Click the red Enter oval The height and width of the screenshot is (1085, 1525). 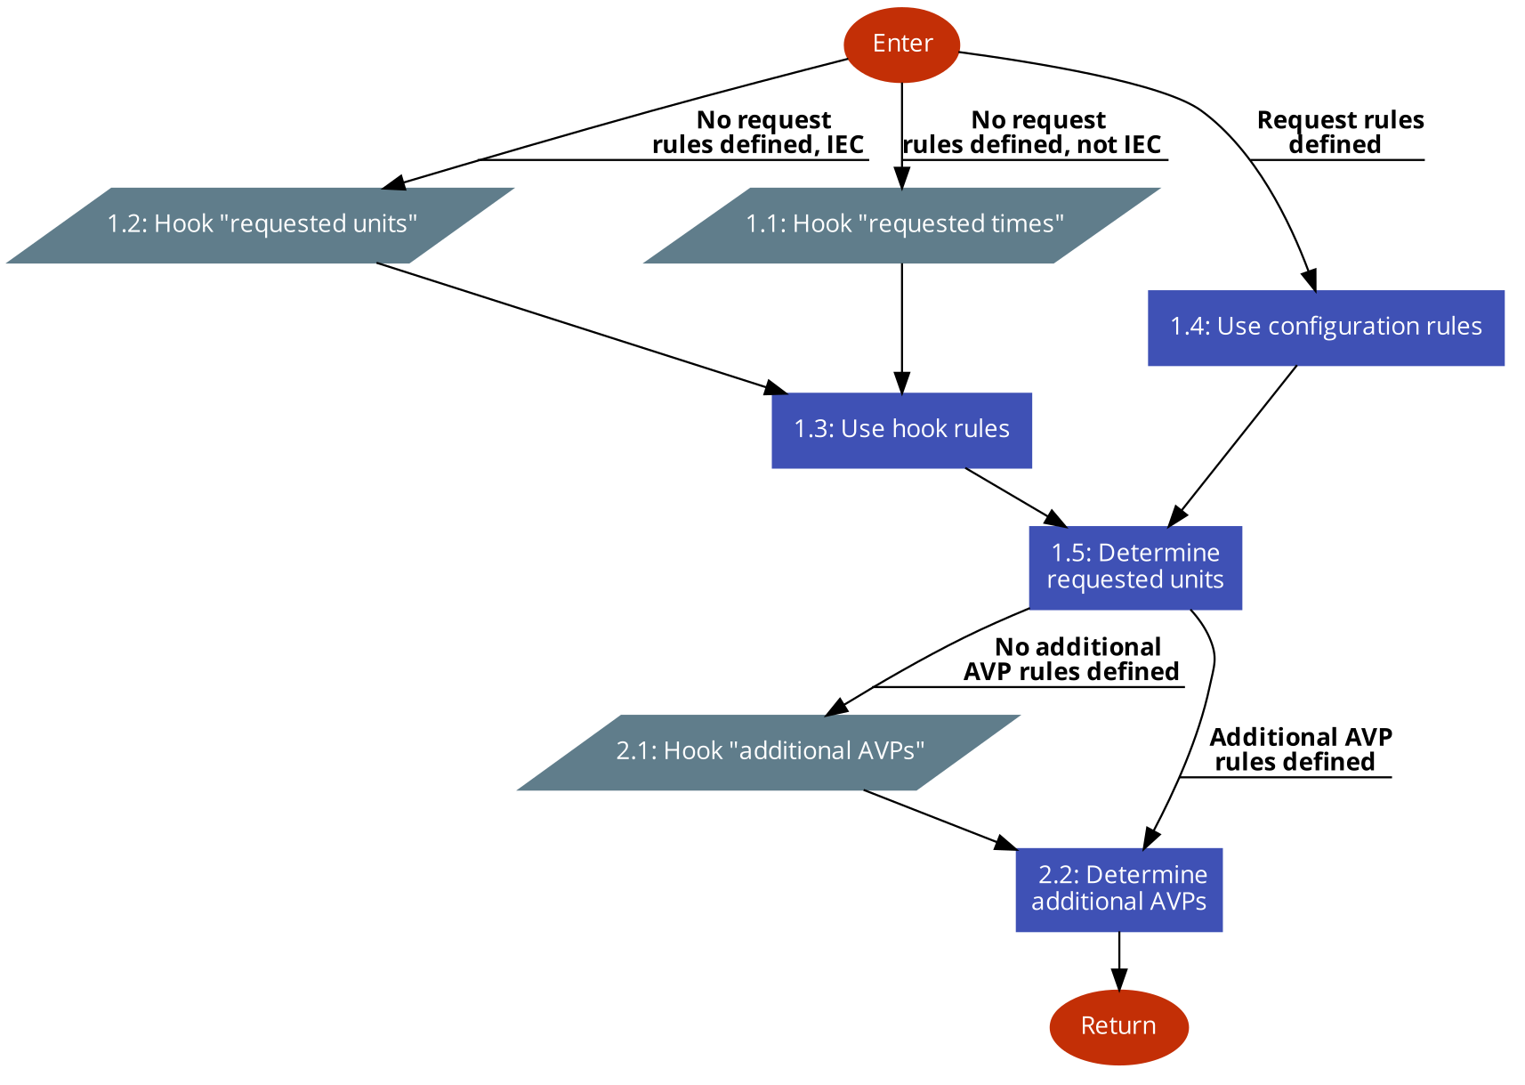click(901, 45)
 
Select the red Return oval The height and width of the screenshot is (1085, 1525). click(1118, 1026)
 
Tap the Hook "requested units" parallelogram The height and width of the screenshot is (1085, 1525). click(261, 225)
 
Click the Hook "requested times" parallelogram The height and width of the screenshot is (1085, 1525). click(902, 225)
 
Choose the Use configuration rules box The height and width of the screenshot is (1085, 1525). click(1326, 328)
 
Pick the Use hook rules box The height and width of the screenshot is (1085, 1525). click(901, 430)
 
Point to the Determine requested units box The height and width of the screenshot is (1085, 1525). click(1134, 567)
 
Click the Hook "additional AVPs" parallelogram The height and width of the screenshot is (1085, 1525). click(769, 752)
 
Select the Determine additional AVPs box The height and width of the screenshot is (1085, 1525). click(1118, 889)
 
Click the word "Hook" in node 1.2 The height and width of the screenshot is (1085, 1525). click(183, 224)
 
